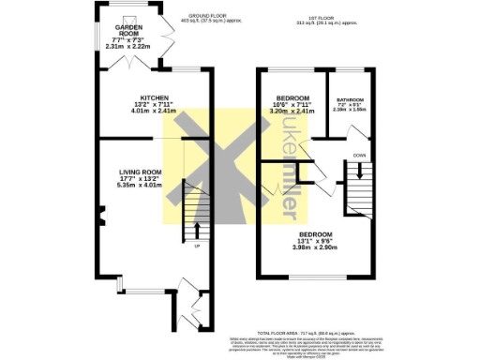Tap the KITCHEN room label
point(153,97)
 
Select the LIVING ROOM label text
point(140,172)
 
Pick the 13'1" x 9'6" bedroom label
point(315,233)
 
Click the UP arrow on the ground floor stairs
point(197,229)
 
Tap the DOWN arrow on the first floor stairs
point(356,172)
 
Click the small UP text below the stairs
point(197,247)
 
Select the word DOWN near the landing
point(360,155)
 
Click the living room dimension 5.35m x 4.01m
point(140,185)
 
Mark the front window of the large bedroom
point(316,277)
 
